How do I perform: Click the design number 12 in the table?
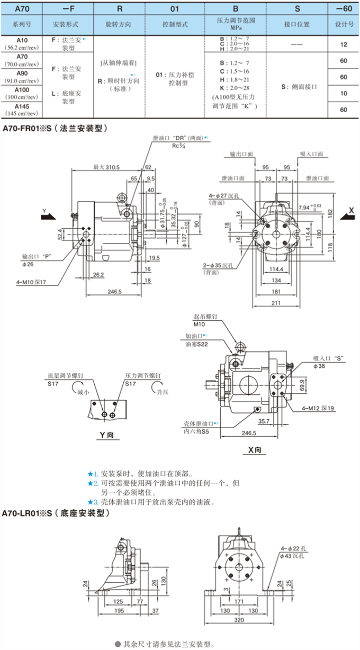[x=343, y=44]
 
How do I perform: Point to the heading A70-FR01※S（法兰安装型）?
[x=56, y=128]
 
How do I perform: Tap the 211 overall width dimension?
[x=276, y=303]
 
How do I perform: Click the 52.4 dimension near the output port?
[x=61, y=233]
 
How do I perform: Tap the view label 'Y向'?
[x=107, y=436]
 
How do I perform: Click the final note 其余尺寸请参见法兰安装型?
[x=169, y=644]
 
